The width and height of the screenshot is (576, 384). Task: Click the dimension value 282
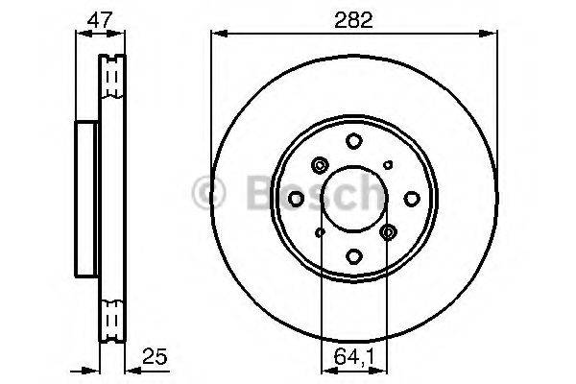coord(354,16)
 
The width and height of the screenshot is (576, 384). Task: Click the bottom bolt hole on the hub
coord(354,255)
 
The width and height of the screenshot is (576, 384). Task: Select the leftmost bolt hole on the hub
coord(297,198)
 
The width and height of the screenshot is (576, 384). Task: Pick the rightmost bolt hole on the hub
coord(411,198)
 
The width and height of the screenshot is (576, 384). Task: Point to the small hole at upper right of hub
coord(388,165)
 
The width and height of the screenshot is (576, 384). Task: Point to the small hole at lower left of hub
coord(320,231)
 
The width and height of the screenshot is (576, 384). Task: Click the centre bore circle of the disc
coord(354,198)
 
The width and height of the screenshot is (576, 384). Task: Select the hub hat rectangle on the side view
coord(86,198)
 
